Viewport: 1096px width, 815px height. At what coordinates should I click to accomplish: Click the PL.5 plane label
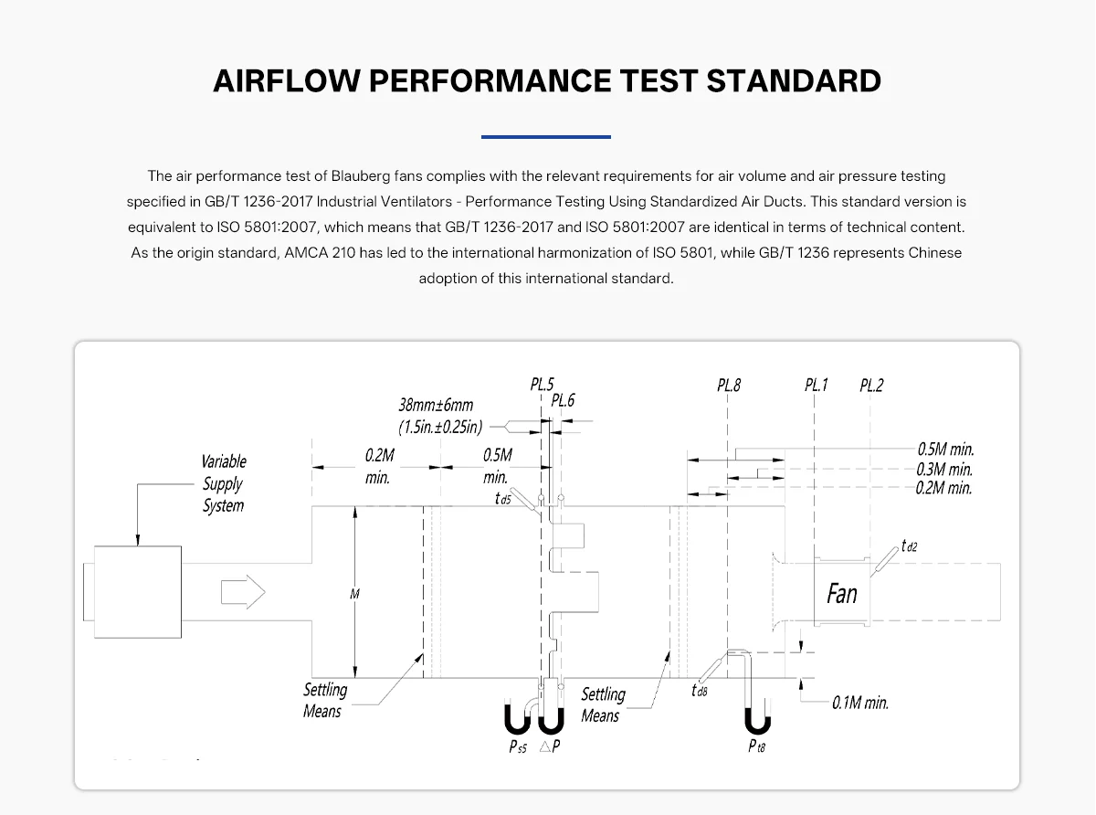543,385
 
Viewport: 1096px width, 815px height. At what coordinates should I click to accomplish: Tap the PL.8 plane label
729,386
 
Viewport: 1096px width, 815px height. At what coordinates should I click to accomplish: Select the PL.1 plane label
816,385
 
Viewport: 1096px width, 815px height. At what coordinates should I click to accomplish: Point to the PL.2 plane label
871,386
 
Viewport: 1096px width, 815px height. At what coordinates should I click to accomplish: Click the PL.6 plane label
563,400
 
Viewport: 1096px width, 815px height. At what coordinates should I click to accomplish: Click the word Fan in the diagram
842,594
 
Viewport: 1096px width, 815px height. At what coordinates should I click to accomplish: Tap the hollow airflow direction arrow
243,592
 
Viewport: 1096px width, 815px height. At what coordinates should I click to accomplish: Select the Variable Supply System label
224,483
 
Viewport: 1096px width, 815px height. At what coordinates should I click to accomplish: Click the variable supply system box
138,592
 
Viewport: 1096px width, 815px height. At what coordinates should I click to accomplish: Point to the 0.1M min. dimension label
860,703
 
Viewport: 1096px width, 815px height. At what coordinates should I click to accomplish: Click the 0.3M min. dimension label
944,469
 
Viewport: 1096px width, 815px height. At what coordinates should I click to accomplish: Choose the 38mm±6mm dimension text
436,405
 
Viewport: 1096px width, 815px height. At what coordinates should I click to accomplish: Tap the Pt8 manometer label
756,746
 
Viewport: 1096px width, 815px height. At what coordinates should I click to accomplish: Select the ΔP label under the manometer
550,746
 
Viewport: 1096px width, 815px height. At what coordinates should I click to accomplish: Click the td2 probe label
909,546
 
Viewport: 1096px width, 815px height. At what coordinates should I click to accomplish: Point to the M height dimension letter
354,594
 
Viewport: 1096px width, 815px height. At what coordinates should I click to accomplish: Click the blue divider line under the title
546,137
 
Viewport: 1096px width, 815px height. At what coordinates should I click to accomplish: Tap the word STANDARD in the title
794,80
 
